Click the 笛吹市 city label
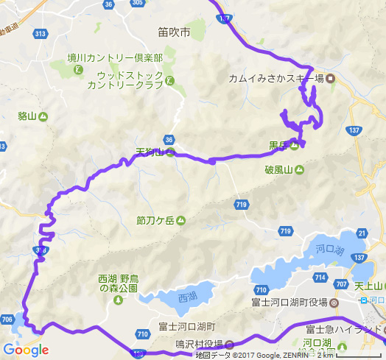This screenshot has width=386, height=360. coord(174,33)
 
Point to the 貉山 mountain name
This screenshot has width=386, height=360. coord(27,116)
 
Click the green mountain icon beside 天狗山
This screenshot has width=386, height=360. coord(170,153)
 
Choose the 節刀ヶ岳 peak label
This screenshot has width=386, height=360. coord(154,219)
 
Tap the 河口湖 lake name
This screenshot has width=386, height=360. coord(330,250)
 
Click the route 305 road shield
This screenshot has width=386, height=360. coord(158,4)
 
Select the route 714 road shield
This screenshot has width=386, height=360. coord(319,277)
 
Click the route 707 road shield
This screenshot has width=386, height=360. coord(340,284)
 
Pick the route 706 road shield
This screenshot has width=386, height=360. coord(7,319)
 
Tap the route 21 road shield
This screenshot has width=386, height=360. coord(361,233)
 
